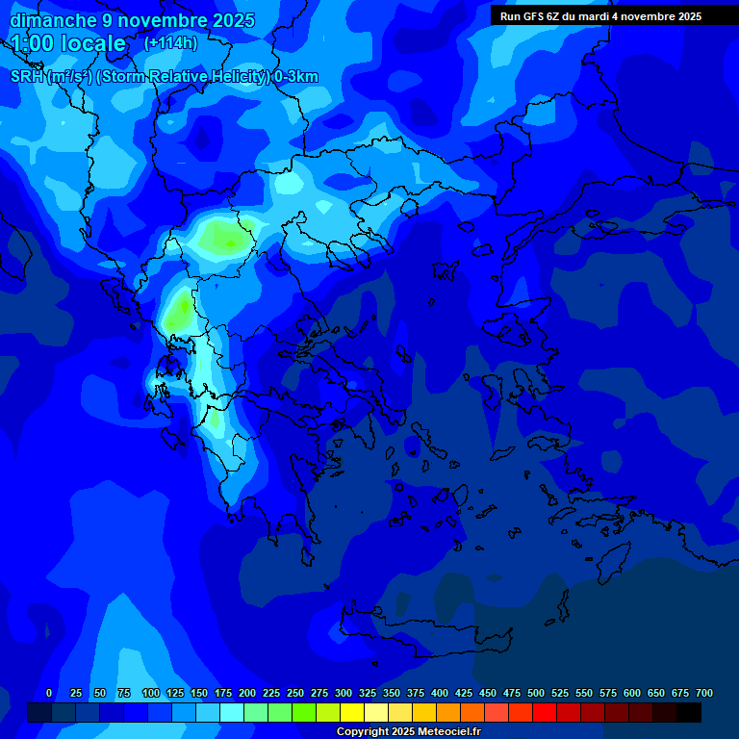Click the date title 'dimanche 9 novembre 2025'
(132, 20)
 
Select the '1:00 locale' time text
(69, 43)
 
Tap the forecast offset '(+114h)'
(170, 43)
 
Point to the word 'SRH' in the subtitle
(27, 77)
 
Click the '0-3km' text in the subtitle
(295, 77)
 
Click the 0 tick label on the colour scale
(49, 694)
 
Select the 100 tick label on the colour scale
(151, 694)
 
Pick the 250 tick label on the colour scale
(295, 694)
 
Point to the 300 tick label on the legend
(344, 694)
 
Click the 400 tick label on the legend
(440, 694)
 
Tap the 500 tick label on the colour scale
(536, 694)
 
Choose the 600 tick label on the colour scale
(632, 694)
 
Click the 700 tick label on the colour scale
(704, 694)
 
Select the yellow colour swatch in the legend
(351, 712)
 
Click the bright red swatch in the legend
(544, 712)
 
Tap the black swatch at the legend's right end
(688, 712)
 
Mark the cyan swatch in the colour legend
(231, 712)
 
